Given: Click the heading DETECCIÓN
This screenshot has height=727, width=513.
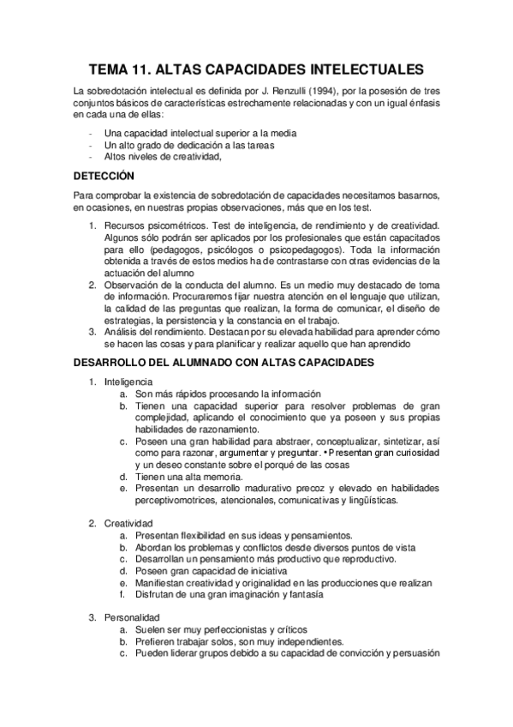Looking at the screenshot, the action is pyautogui.click(x=104, y=176).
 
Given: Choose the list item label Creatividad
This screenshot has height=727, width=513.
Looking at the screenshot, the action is pyautogui.click(x=128, y=522).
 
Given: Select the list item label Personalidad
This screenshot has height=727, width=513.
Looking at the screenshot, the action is pyautogui.click(x=130, y=616).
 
